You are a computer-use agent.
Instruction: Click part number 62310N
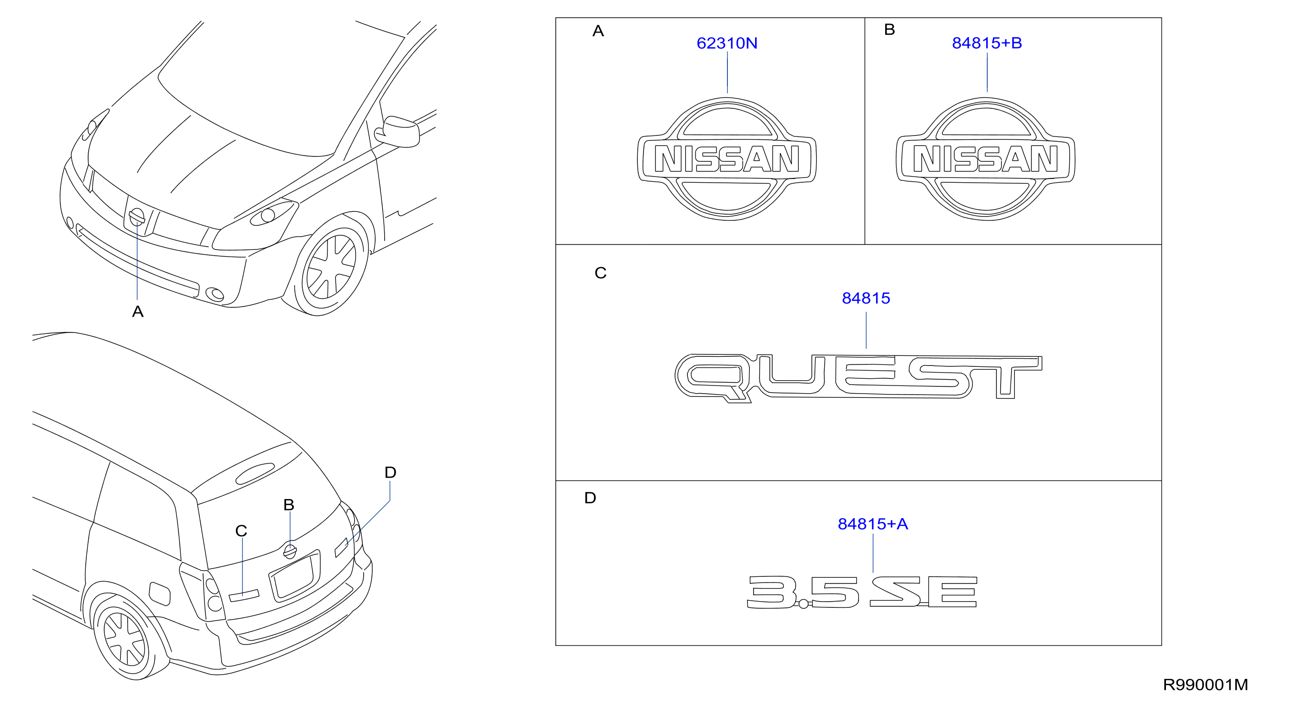coord(726,43)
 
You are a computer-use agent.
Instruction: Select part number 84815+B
coord(987,43)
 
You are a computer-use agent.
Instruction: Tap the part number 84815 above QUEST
coord(866,299)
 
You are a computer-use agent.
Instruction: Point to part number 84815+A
coord(873,524)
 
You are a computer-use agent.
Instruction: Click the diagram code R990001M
coord(1205,685)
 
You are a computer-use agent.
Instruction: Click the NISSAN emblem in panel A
coord(726,159)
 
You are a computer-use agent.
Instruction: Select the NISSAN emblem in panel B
coord(985,159)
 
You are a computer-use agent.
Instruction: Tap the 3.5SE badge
coord(862,592)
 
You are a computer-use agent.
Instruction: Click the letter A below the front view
coord(138,312)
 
